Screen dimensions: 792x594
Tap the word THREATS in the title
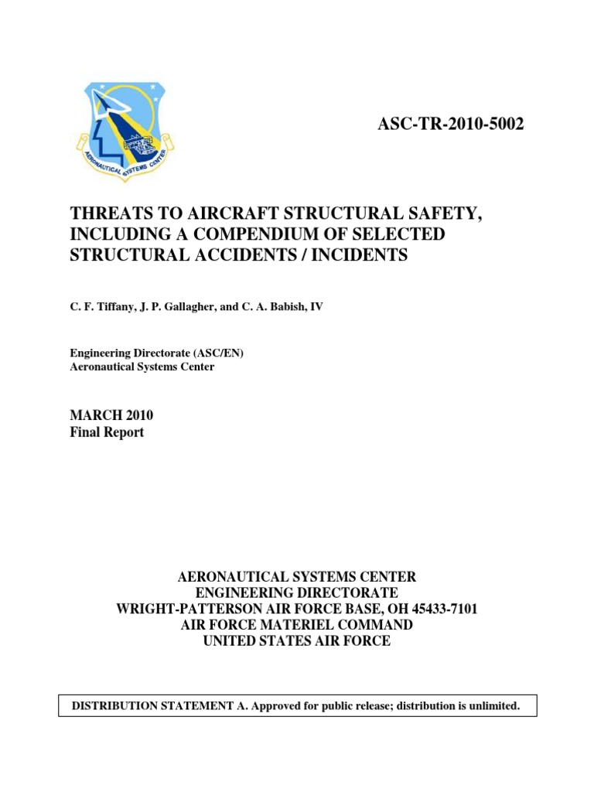tap(106, 213)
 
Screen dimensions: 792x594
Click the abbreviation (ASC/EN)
tap(220, 353)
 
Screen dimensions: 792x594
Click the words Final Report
tap(107, 432)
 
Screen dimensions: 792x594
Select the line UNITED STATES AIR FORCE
tap(297, 641)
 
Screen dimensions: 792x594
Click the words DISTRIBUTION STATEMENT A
tap(154, 706)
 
